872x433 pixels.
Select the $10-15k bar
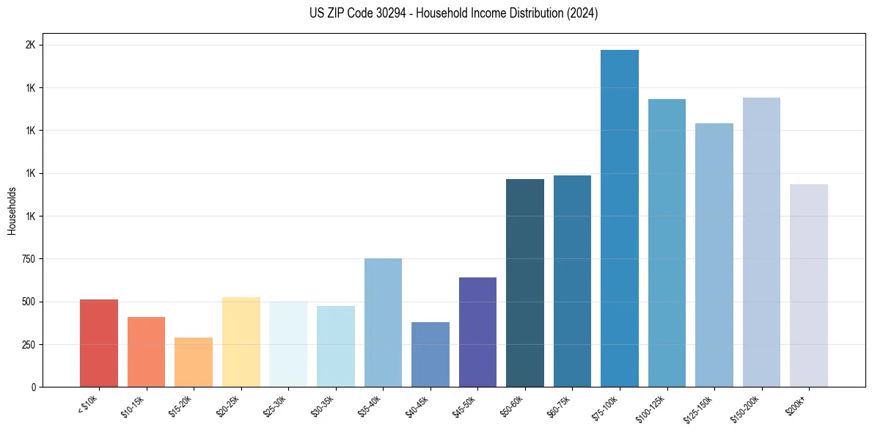[146, 352]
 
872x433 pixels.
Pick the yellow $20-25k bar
[241, 342]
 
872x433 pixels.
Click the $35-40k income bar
[383, 322]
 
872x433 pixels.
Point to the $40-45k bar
[430, 354]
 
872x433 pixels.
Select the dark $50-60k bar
[525, 283]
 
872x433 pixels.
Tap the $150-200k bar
[761, 242]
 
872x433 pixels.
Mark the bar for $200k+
[809, 285]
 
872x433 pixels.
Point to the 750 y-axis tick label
[27, 259]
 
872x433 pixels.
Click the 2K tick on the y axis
[31, 46]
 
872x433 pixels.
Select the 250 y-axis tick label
[27, 345]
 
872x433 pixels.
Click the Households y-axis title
[12, 211]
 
